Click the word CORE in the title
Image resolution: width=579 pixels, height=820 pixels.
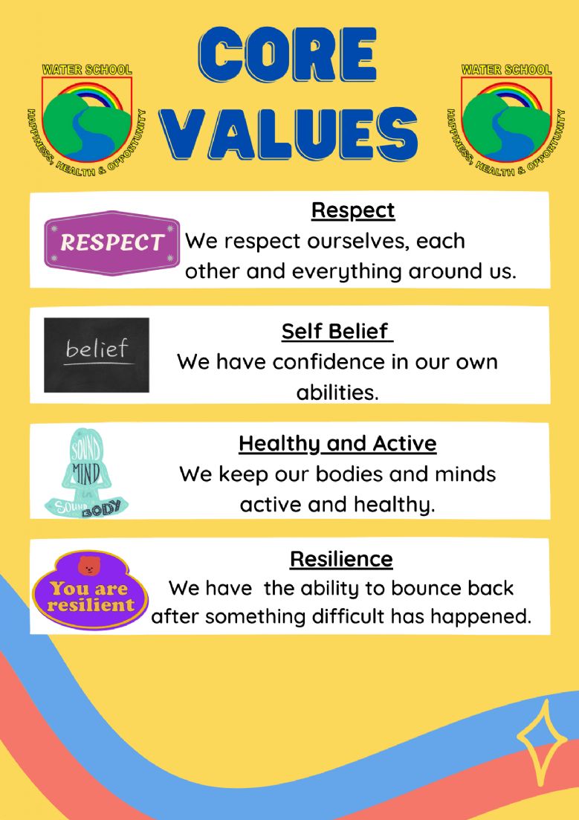point(287,56)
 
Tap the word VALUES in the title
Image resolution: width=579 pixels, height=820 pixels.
point(288,133)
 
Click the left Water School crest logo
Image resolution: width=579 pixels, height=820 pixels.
point(87,120)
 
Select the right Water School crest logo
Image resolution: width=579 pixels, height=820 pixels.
point(505,120)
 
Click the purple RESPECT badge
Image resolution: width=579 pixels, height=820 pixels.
point(112,242)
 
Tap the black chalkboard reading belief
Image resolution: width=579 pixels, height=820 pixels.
point(97,355)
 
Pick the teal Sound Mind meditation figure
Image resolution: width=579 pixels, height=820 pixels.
point(85,472)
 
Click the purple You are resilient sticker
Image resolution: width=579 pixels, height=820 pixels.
point(90,590)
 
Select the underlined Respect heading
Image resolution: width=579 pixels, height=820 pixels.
point(353,210)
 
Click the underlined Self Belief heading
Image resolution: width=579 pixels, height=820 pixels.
point(337,332)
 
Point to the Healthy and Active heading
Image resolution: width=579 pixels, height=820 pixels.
point(337,444)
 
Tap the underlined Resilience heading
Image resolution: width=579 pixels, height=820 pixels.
point(342,559)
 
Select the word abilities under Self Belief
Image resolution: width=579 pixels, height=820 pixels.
point(337,393)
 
